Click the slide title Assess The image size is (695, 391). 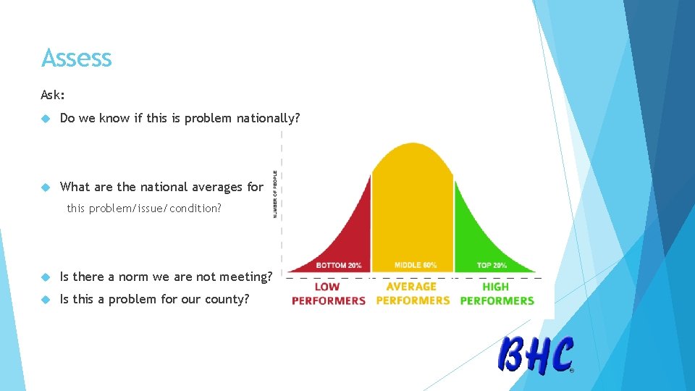[77, 58]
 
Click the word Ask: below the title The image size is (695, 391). [53, 95]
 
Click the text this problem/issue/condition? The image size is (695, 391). [144, 209]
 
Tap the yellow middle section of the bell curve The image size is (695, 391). [412, 203]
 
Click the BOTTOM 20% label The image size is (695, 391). [339, 265]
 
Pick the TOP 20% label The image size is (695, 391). [492, 265]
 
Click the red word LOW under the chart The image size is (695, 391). [327, 287]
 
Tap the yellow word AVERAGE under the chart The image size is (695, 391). [411, 287]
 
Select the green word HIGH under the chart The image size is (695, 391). [496, 287]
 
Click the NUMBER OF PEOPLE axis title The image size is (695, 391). [275, 194]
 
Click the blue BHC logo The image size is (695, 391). [536, 355]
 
